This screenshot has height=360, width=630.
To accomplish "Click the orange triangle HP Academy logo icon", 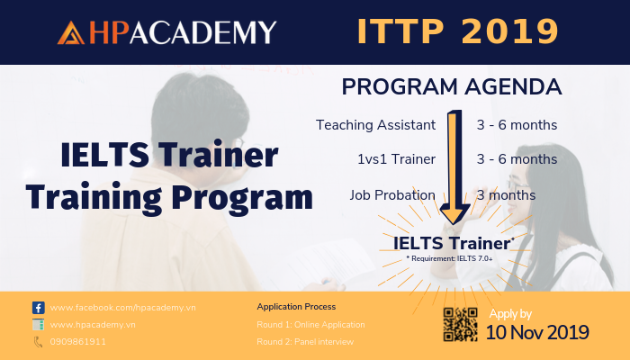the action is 71,32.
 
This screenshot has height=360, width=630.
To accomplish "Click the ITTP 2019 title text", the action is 457,31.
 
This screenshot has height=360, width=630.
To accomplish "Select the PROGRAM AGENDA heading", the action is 452,86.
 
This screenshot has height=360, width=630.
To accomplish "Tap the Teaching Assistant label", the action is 375,125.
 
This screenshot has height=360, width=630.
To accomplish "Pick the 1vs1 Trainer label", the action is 397,159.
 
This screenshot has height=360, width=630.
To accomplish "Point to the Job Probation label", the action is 392,195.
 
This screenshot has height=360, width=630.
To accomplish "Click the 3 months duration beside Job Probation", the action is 506,195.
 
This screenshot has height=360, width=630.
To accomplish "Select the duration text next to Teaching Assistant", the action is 517,125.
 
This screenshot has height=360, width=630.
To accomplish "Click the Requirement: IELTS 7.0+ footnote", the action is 449,258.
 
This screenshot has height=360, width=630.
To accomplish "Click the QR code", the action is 460,324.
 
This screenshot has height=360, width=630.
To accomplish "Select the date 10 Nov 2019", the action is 537,333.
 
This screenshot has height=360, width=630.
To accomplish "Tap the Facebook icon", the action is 39,308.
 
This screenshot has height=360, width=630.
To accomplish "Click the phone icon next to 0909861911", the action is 38,342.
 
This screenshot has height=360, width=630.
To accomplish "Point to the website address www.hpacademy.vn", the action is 93,325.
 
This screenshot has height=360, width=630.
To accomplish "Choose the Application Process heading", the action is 296,307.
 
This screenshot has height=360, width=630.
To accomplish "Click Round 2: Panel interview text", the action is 305,342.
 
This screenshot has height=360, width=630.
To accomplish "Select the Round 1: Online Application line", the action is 311,325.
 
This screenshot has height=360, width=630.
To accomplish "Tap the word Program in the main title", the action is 242,198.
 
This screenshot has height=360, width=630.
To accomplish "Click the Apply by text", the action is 510,314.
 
